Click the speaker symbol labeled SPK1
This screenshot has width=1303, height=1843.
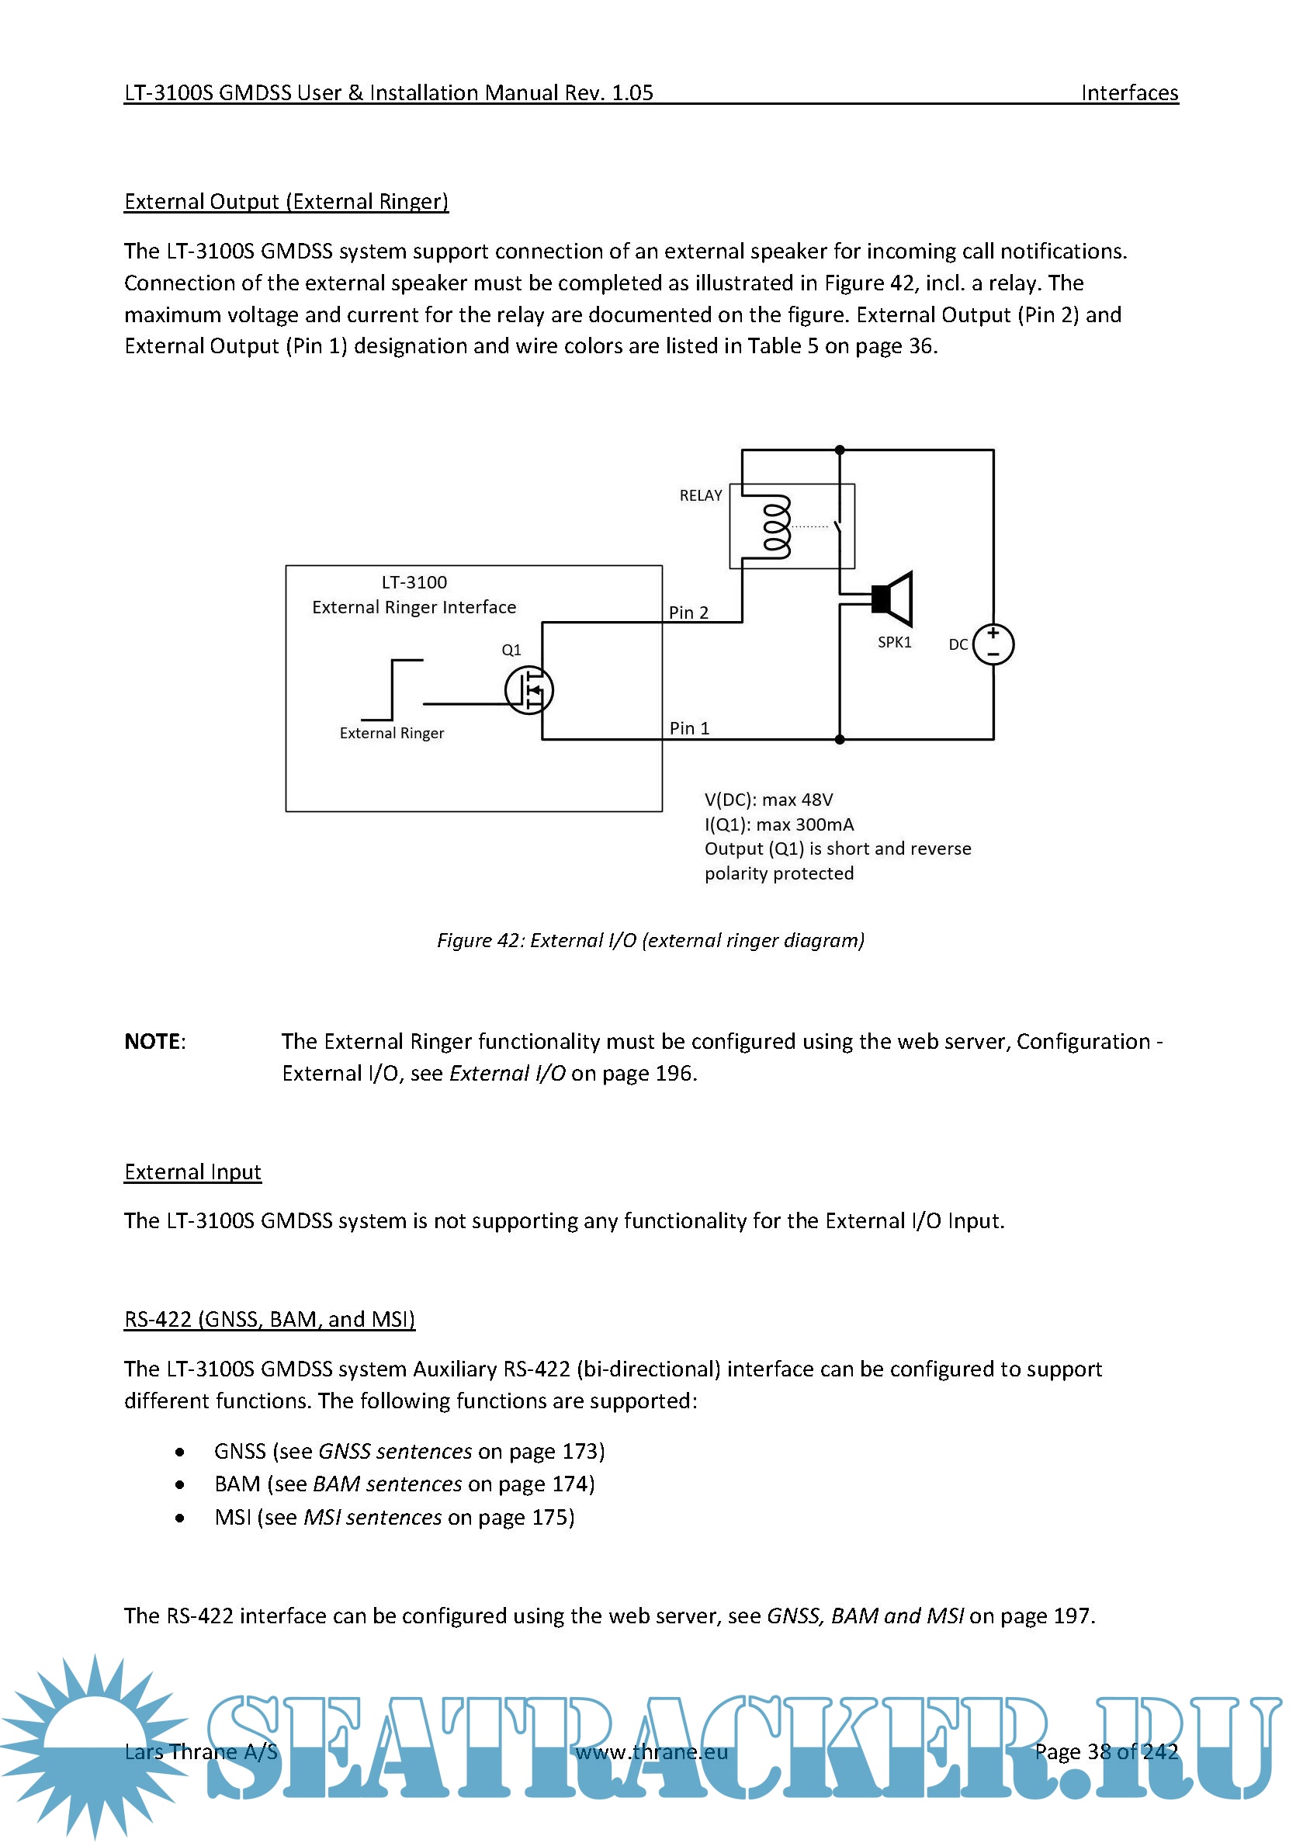(894, 599)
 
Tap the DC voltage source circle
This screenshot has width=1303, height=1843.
(993, 644)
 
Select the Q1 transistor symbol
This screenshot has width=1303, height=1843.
(529, 689)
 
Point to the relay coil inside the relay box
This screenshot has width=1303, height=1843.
(777, 526)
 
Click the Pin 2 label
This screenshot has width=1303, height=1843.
(688, 613)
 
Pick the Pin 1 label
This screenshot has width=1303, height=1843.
(689, 728)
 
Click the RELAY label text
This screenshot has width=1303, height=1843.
(701, 495)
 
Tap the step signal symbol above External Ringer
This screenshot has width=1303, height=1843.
(393, 689)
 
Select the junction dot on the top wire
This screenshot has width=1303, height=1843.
(839, 450)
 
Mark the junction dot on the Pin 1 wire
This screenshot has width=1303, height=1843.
(839, 739)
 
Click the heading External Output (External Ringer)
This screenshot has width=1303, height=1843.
(286, 202)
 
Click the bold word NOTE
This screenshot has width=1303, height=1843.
(152, 1041)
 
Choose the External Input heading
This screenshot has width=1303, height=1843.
(192, 1172)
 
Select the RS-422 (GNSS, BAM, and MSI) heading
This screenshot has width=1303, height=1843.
(269, 1320)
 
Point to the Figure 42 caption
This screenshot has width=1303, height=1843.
(650, 940)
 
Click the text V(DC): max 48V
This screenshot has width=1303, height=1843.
(768, 800)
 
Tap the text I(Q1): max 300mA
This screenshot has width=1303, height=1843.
(779, 824)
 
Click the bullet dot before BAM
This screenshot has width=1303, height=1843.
(180, 1485)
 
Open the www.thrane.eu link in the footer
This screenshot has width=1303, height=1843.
(652, 1751)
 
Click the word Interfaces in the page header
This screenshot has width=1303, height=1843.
(1129, 93)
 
